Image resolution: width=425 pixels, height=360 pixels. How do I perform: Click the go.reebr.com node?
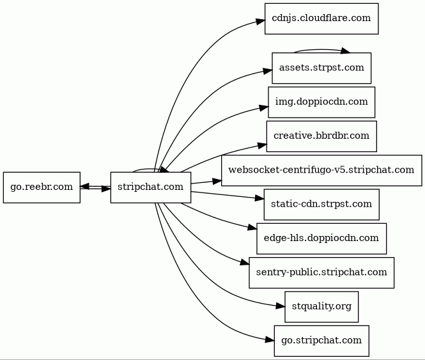pyautogui.click(x=42, y=187)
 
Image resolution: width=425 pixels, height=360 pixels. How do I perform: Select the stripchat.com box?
pyautogui.click(x=151, y=187)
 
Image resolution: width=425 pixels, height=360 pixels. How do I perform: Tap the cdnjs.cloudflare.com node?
pyautogui.click(x=321, y=19)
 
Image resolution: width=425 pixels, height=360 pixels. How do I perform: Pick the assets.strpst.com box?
pyautogui.click(x=321, y=68)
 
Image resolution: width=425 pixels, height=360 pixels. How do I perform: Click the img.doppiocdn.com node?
pyautogui.click(x=321, y=102)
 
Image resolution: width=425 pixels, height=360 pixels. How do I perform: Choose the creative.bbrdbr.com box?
pyautogui.click(x=321, y=136)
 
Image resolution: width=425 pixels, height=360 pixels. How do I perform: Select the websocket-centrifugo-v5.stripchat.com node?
pyautogui.click(x=321, y=170)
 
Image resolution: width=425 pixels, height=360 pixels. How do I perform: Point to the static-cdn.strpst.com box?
pyautogui.click(x=321, y=205)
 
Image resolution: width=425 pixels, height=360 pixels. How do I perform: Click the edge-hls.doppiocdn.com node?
pyautogui.click(x=321, y=239)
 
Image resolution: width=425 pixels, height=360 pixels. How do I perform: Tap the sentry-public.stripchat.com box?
pyautogui.click(x=321, y=272)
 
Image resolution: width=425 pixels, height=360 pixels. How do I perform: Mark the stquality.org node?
pyautogui.click(x=321, y=306)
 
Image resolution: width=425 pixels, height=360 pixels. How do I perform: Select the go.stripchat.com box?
pyautogui.click(x=321, y=340)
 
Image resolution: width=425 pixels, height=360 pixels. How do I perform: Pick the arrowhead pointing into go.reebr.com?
pyautogui.click(x=86, y=186)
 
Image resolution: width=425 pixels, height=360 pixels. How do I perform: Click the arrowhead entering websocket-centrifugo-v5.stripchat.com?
pyautogui.click(x=215, y=181)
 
